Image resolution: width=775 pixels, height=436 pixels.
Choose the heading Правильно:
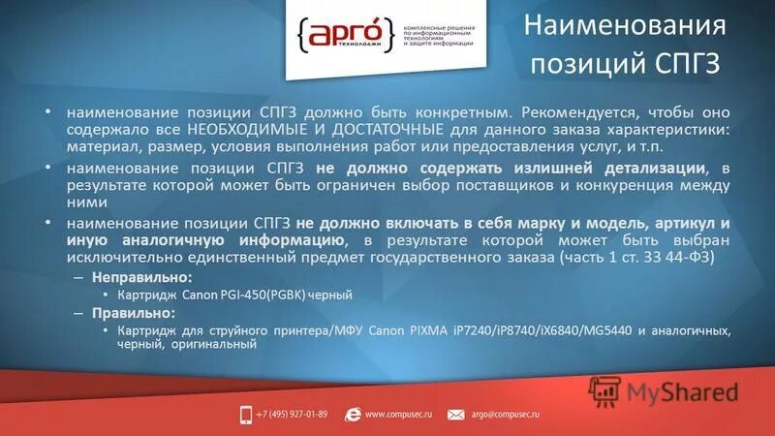(x=130, y=313)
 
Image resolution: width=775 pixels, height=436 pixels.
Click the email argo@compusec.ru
(x=505, y=414)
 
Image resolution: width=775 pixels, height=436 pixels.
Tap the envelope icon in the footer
(x=456, y=414)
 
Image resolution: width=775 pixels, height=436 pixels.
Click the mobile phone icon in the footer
(x=246, y=414)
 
